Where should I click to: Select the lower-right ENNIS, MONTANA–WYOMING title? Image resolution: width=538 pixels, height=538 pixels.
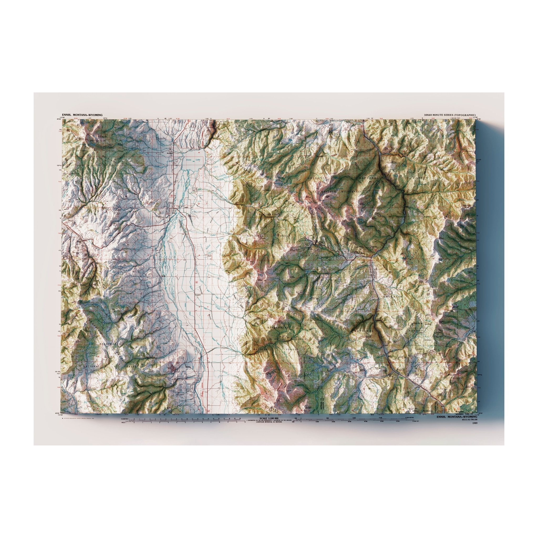pos(457,425)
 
